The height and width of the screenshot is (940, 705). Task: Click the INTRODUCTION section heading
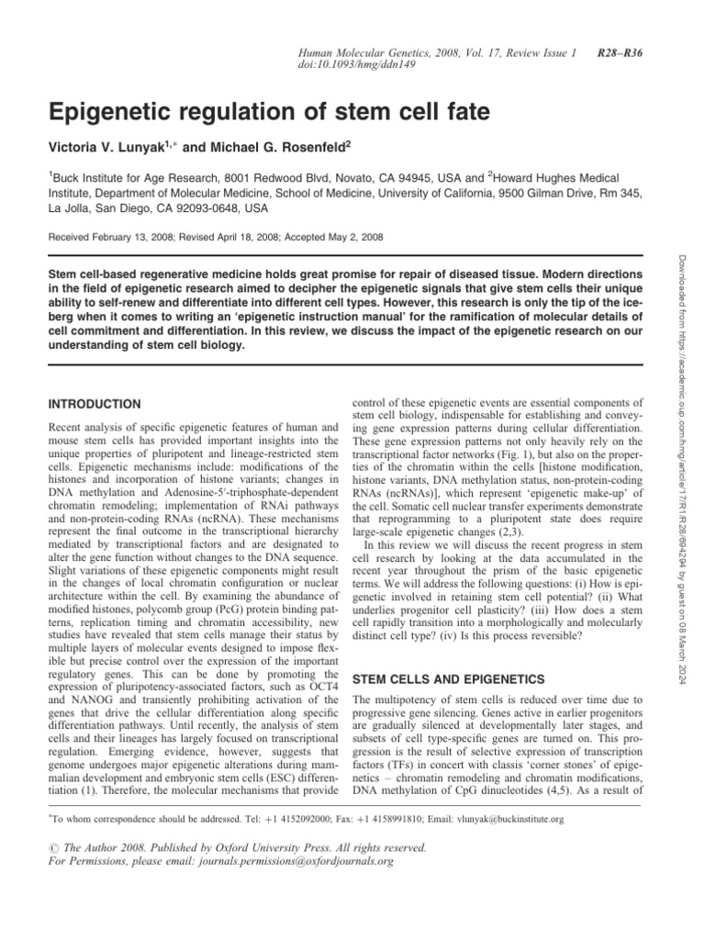coord(95,404)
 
